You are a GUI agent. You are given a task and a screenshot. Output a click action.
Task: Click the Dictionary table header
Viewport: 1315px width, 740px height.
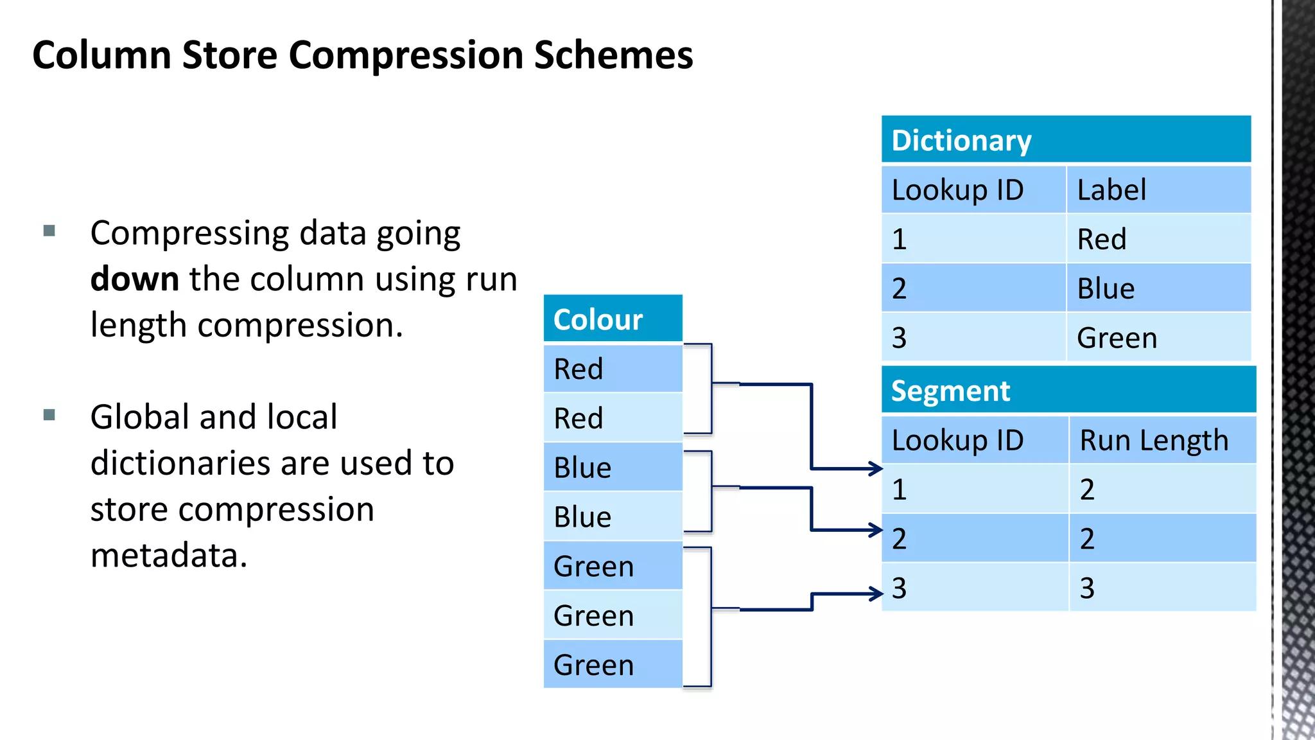click(x=1066, y=139)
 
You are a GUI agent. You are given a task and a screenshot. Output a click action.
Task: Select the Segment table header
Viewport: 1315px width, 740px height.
click(x=1068, y=390)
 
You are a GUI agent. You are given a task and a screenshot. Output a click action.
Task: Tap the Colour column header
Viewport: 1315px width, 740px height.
click(x=613, y=319)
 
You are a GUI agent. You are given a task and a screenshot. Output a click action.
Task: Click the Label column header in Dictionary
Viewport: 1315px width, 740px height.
click(x=1158, y=189)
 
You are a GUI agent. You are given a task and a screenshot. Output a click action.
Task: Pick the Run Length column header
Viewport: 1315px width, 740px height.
click(x=1162, y=440)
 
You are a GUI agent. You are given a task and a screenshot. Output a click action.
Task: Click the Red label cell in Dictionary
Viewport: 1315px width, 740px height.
click(x=1158, y=239)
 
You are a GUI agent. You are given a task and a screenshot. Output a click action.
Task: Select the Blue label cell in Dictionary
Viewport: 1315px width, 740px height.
click(x=1158, y=288)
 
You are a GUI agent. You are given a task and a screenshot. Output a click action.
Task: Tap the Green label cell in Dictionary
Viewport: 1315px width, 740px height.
click(x=1158, y=338)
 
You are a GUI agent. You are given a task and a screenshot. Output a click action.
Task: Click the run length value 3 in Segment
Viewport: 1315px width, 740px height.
click(x=1162, y=588)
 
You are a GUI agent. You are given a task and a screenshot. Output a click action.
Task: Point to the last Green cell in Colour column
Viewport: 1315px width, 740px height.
click(x=613, y=665)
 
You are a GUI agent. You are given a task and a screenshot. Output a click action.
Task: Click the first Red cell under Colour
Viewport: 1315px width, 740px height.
click(x=613, y=369)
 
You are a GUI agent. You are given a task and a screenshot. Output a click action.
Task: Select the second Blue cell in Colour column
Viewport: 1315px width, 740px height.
click(x=613, y=516)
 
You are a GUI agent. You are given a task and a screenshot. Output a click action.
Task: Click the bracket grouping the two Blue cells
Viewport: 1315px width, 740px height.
click(x=710, y=491)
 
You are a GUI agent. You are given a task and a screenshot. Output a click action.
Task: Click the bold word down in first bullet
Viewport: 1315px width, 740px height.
click(x=134, y=279)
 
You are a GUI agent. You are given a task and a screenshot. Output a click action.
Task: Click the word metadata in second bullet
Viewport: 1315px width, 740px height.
click(x=168, y=555)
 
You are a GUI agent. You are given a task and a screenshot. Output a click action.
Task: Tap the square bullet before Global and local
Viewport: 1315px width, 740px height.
click(x=49, y=415)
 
